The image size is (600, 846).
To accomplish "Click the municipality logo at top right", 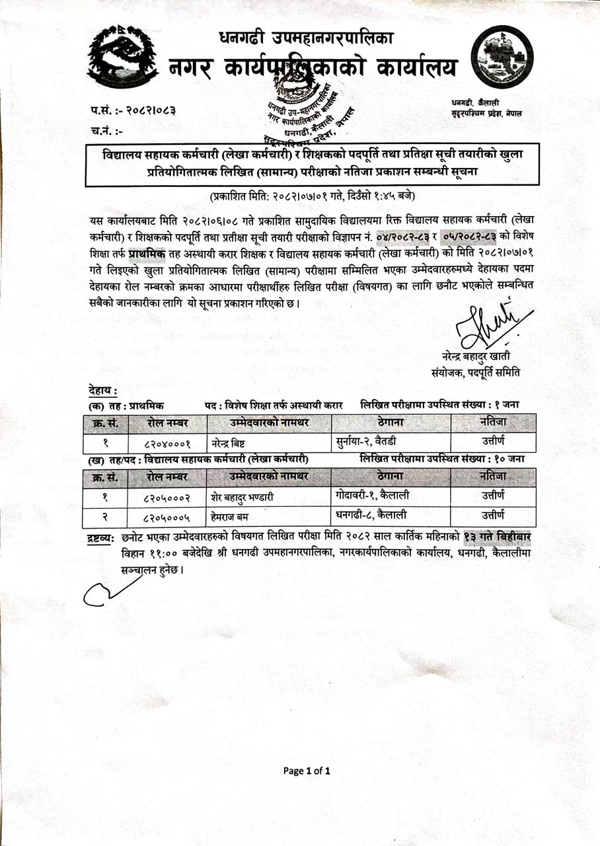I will tap(502, 57).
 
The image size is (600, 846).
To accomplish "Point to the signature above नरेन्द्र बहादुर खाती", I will tap(488, 325).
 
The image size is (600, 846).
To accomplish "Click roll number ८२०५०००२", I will tap(167, 496).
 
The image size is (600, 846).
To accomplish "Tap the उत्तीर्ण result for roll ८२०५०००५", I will tap(493, 514).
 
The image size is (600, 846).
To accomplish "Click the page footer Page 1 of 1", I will tap(307, 771).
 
